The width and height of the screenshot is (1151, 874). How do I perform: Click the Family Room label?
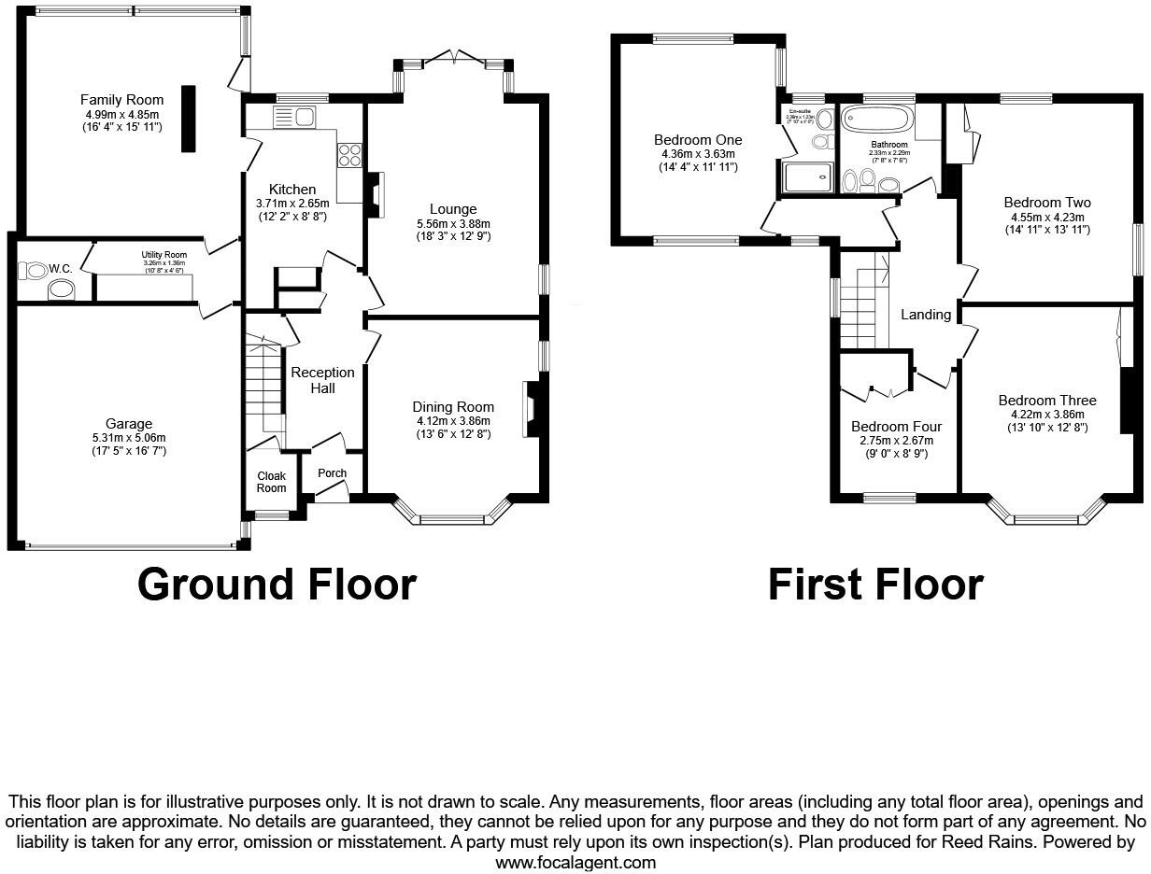(x=121, y=100)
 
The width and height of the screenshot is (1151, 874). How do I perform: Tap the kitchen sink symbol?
(x=295, y=117)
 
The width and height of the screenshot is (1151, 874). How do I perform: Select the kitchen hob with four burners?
(x=349, y=154)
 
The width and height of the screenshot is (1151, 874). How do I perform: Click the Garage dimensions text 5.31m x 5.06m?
(x=128, y=438)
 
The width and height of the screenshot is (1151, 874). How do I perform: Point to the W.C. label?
(x=61, y=269)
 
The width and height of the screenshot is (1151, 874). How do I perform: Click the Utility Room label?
(x=163, y=255)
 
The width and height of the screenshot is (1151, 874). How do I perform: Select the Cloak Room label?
(x=271, y=482)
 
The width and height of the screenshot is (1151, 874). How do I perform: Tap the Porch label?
(x=332, y=473)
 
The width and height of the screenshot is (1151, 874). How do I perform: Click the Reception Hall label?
(x=322, y=380)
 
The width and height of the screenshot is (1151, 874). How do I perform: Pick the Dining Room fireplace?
(x=531, y=408)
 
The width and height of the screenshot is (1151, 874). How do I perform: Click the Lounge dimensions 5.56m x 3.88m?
(x=453, y=223)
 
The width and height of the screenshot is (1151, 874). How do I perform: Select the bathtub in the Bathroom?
(x=876, y=120)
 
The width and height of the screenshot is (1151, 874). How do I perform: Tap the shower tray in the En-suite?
(x=807, y=176)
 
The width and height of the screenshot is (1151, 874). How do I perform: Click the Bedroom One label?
(x=698, y=140)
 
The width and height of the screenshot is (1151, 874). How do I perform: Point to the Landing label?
(x=925, y=315)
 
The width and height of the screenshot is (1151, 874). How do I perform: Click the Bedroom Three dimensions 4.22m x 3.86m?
(x=1046, y=415)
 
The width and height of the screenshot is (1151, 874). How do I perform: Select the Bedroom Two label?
(x=1046, y=203)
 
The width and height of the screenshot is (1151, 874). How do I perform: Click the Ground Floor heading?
(x=277, y=585)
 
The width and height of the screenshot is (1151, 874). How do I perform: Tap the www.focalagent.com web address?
(x=575, y=863)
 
